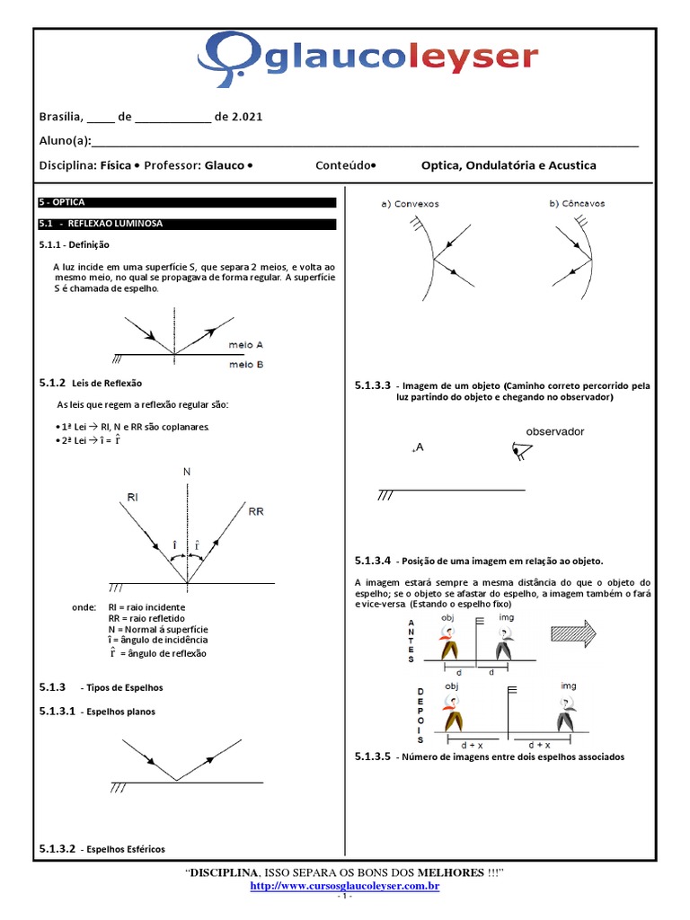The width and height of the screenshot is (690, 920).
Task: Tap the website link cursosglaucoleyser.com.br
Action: [344, 887]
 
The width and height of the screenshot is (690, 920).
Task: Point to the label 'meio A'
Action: [246, 344]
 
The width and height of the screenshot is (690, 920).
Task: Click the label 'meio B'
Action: [246, 364]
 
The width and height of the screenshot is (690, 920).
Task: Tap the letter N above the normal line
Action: [187, 471]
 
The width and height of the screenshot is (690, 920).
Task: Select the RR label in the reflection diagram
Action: [256, 510]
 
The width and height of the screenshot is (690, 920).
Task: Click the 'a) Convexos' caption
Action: [411, 204]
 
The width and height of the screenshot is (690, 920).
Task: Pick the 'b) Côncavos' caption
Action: [577, 204]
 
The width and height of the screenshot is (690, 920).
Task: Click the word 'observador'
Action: [554, 431]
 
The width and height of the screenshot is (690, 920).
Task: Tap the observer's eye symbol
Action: [518, 451]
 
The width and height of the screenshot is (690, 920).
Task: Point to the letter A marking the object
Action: [419, 448]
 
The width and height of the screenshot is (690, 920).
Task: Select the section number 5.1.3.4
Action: [373, 560]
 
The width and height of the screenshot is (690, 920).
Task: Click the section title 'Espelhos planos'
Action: [118, 712]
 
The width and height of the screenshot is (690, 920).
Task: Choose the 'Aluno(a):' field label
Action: [66, 141]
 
